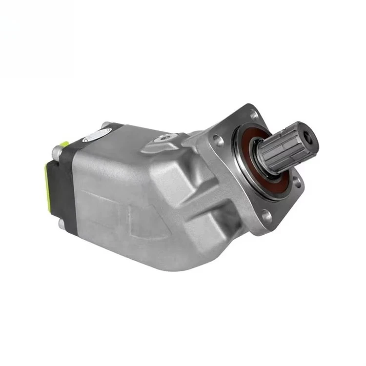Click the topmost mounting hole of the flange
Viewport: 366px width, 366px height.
click(x=253, y=116)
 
